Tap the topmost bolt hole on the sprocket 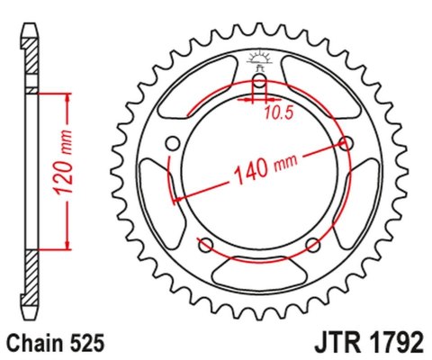tap(259, 85)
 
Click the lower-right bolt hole tap(312, 245)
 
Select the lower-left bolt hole tap(205, 245)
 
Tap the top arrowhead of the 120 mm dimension tap(66, 97)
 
